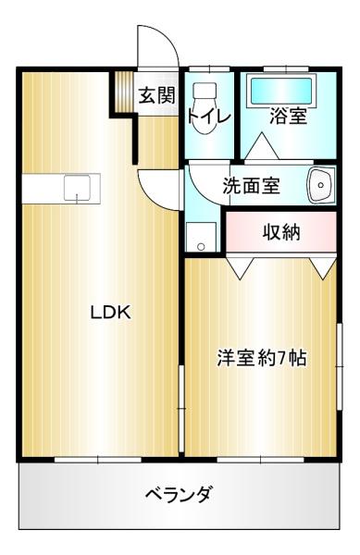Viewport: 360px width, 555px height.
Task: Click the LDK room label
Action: pyautogui.click(x=111, y=313)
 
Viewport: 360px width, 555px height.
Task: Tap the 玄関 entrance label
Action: pyautogui.click(x=156, y=95)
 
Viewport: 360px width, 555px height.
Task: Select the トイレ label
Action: pyautogui.click(x=209, y=116)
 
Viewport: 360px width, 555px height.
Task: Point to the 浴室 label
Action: pyautogui.click(x=288, y=116)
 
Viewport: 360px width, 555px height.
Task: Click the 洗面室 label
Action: pyautogui.click(x=252, y=185)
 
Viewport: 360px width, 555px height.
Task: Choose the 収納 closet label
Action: pyautogui.click(x=281, y=232)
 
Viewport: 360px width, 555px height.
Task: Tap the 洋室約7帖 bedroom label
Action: pyautogui.click(x=262, y=358)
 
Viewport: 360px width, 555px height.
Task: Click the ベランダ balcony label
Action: pyautogui.click(x=180, y=493)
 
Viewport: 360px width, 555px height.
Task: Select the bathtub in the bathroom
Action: pyautogui.click(x=281, y=92)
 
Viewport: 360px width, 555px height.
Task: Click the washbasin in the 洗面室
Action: pyautogui.click(x=321, y=185)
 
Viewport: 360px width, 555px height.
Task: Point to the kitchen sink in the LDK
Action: pyautogui.click(x=77, y=188)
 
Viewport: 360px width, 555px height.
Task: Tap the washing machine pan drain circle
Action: pyautogui.click(x=201, y=246)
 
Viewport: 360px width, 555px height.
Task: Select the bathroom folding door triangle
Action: pyautogui.click(x=262, y=146)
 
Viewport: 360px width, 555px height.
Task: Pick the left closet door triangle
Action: pyautogui.click(x=241, y=267)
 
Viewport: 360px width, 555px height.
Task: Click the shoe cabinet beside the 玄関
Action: pyautogui.click(x=123, y=92)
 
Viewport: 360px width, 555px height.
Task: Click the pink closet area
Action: pyautogui.click(x=281, y=231)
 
